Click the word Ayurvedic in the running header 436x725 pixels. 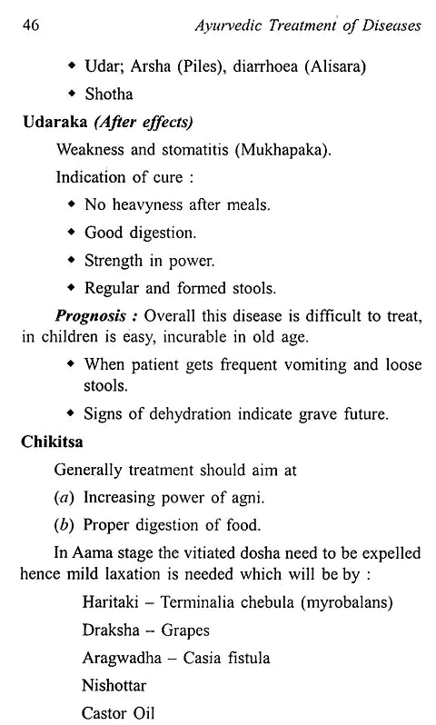[234, 25]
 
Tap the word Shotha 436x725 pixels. [110, 94]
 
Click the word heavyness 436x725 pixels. [150, 205]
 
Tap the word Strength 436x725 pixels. [114, 261]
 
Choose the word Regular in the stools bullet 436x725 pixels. [113, 289]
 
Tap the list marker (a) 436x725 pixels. [65, 498]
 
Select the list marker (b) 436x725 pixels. [65, 525]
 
